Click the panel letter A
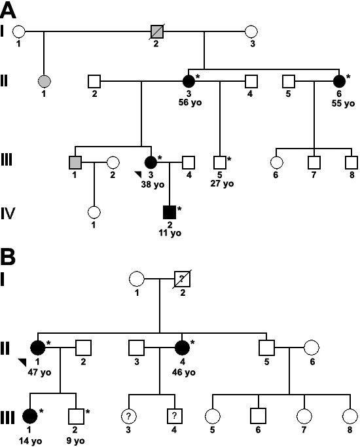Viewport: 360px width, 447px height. [x=8, y=10]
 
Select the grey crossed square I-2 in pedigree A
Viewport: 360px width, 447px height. [x=157, y=31]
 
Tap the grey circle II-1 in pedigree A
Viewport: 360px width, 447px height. [x=44, y=81]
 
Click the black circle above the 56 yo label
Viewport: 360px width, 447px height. [x=189, y=81]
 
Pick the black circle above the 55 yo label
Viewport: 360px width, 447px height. [x=339, y=81]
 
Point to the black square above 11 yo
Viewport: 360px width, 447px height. [x=170, y=212]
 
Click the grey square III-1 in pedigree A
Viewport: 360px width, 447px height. [x=75, y=162]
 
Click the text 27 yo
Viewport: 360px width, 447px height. [x=222, y=183]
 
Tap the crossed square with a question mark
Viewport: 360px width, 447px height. [x=182, y=279]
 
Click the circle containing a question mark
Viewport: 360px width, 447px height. [x=128, y=416]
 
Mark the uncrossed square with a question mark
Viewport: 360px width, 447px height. [x=174, y=416]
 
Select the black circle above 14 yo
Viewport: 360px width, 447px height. [x=30, y=416]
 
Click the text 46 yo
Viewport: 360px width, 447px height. [x=184, y=372]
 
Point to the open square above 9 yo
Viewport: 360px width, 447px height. [x=76, y=416]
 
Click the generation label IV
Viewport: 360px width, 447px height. [x=8, y=213]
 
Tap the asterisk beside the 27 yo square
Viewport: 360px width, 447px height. [x=229, y=158]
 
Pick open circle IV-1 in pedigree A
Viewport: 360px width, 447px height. [x=94, y=212]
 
